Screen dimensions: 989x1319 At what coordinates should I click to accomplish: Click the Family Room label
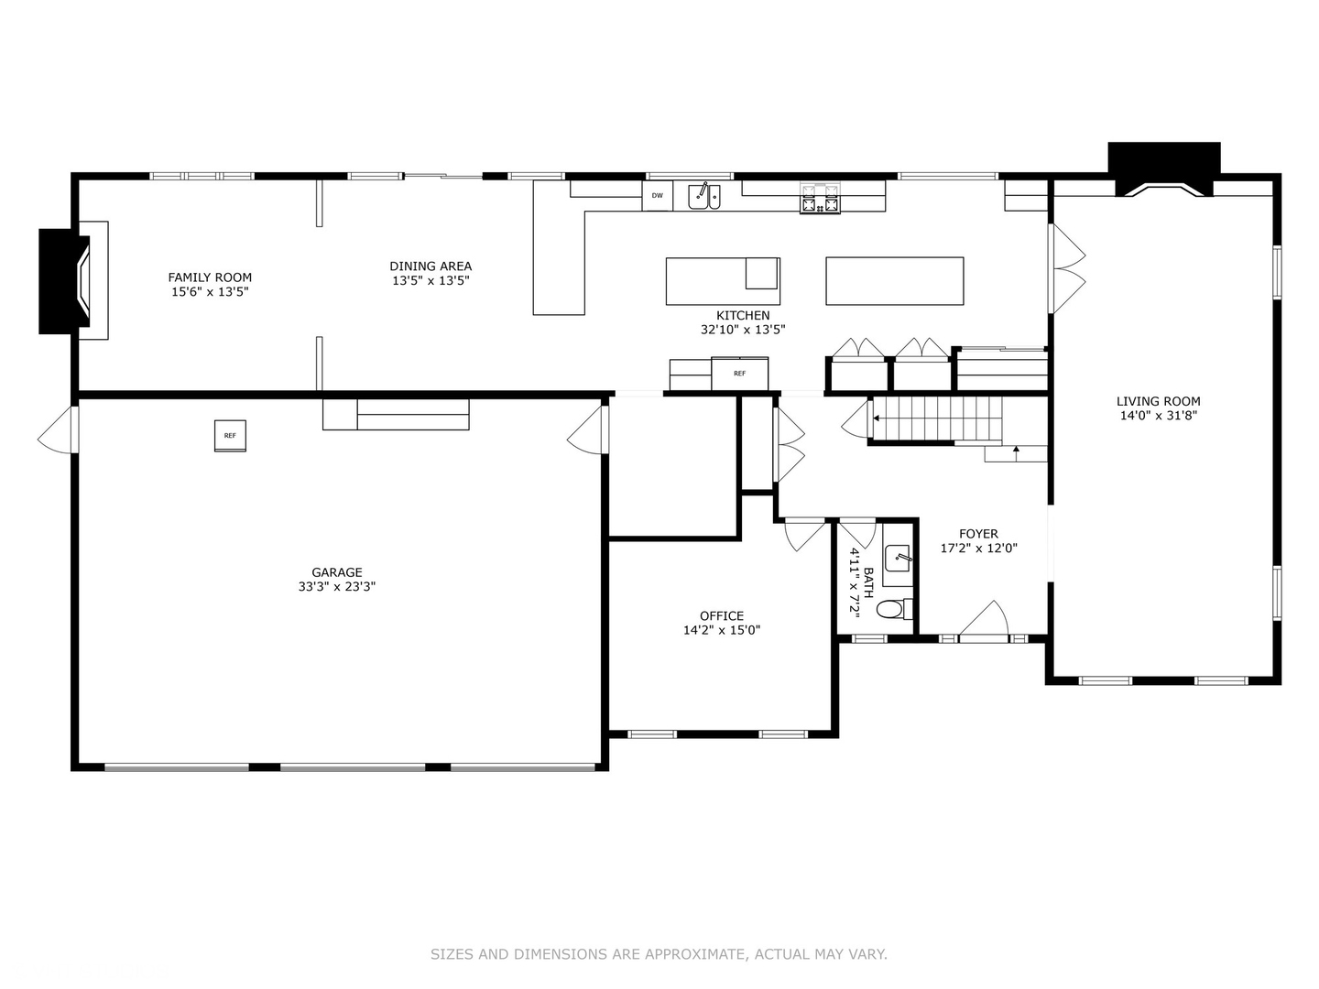tap(210, 277)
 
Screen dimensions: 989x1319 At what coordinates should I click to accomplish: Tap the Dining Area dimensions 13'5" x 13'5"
tap(431, 281)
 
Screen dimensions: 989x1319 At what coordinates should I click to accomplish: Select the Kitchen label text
tap(743, 315)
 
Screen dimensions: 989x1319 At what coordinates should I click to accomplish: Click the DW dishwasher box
tap(658, 196)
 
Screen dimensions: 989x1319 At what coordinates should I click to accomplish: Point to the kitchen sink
tap(704, 196)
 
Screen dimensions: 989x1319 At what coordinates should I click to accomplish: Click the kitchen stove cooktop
tap(820, 199)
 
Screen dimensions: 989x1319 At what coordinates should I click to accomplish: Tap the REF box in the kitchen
tap(739, 374)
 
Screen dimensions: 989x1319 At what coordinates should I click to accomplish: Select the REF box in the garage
tap(230, 436)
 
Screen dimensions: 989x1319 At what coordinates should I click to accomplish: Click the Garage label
tap(337, 572)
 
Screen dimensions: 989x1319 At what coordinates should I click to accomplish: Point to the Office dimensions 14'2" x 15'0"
tap(722, 630)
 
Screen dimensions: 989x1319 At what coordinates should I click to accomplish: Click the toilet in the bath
tap(897, 608)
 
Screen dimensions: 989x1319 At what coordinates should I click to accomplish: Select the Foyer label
tap(978, 534)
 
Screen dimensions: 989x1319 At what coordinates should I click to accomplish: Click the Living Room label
tap(1158, 401)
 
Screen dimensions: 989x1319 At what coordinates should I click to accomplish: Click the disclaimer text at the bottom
tap(659, 954)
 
